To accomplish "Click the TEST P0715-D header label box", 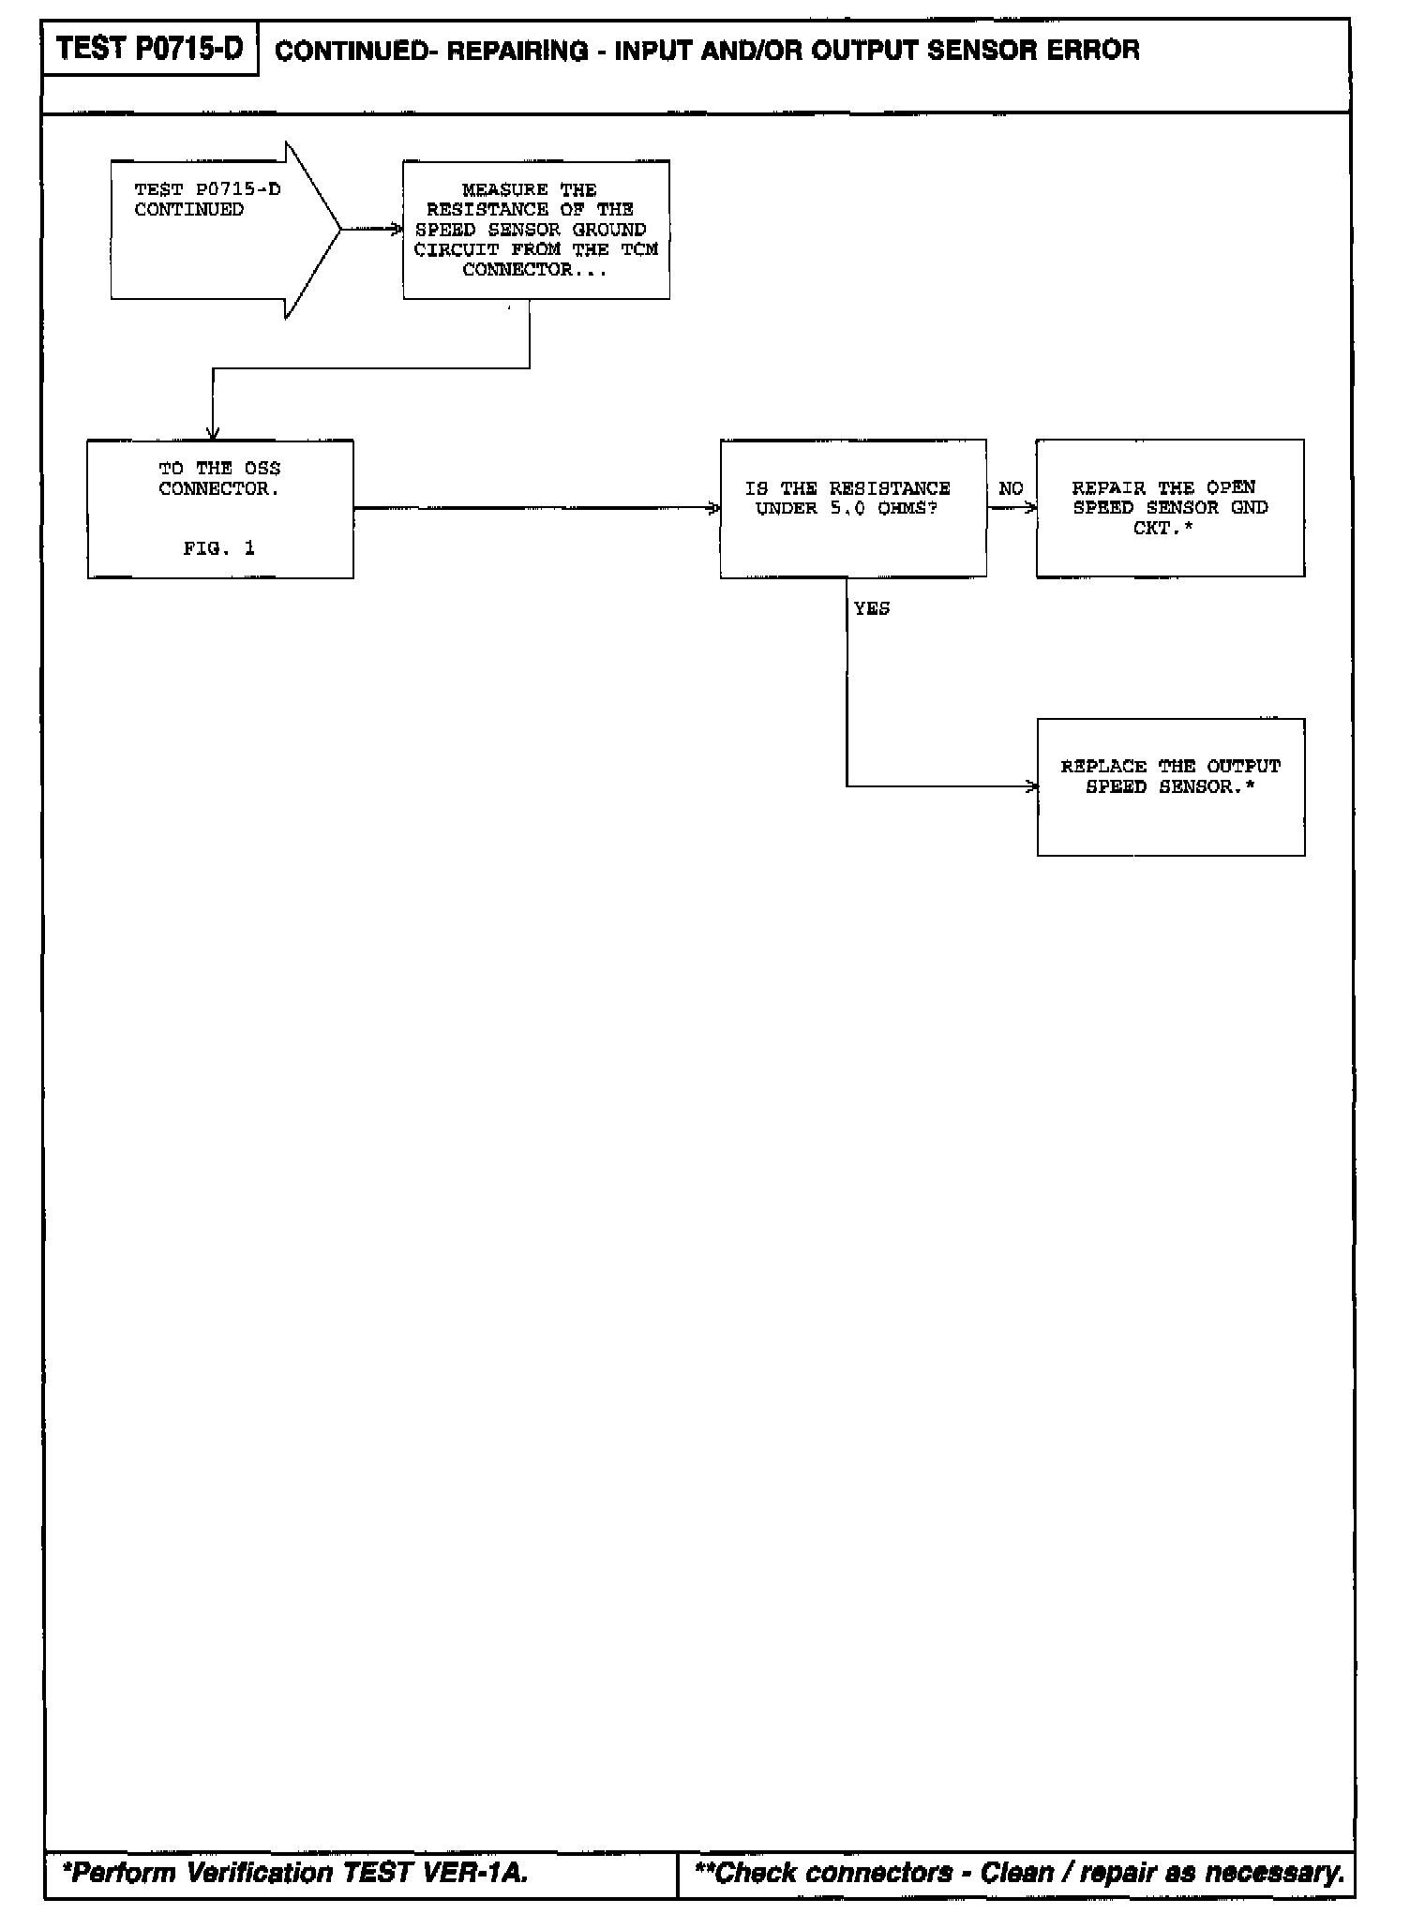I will pos(150,49).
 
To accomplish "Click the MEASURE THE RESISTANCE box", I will pos(535,230).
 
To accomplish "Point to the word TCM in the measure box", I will pos(639,249).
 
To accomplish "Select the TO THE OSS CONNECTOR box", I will pos(220,508).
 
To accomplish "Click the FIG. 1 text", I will pos(219,549).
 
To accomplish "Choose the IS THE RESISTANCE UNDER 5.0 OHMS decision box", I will pos(852,508).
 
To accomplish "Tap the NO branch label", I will pos(1011,488).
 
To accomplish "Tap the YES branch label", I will pos(872,608).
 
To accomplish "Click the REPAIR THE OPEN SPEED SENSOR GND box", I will pos(1169,508).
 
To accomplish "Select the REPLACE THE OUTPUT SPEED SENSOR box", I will pos(1170,786).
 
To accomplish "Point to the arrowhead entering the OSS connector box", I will pos(214,434).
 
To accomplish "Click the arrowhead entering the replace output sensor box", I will pos(1032,786).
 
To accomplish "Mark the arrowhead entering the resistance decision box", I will pos(715,508).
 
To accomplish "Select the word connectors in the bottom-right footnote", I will pos(878,1873).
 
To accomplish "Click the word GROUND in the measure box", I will pos(609,230).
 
